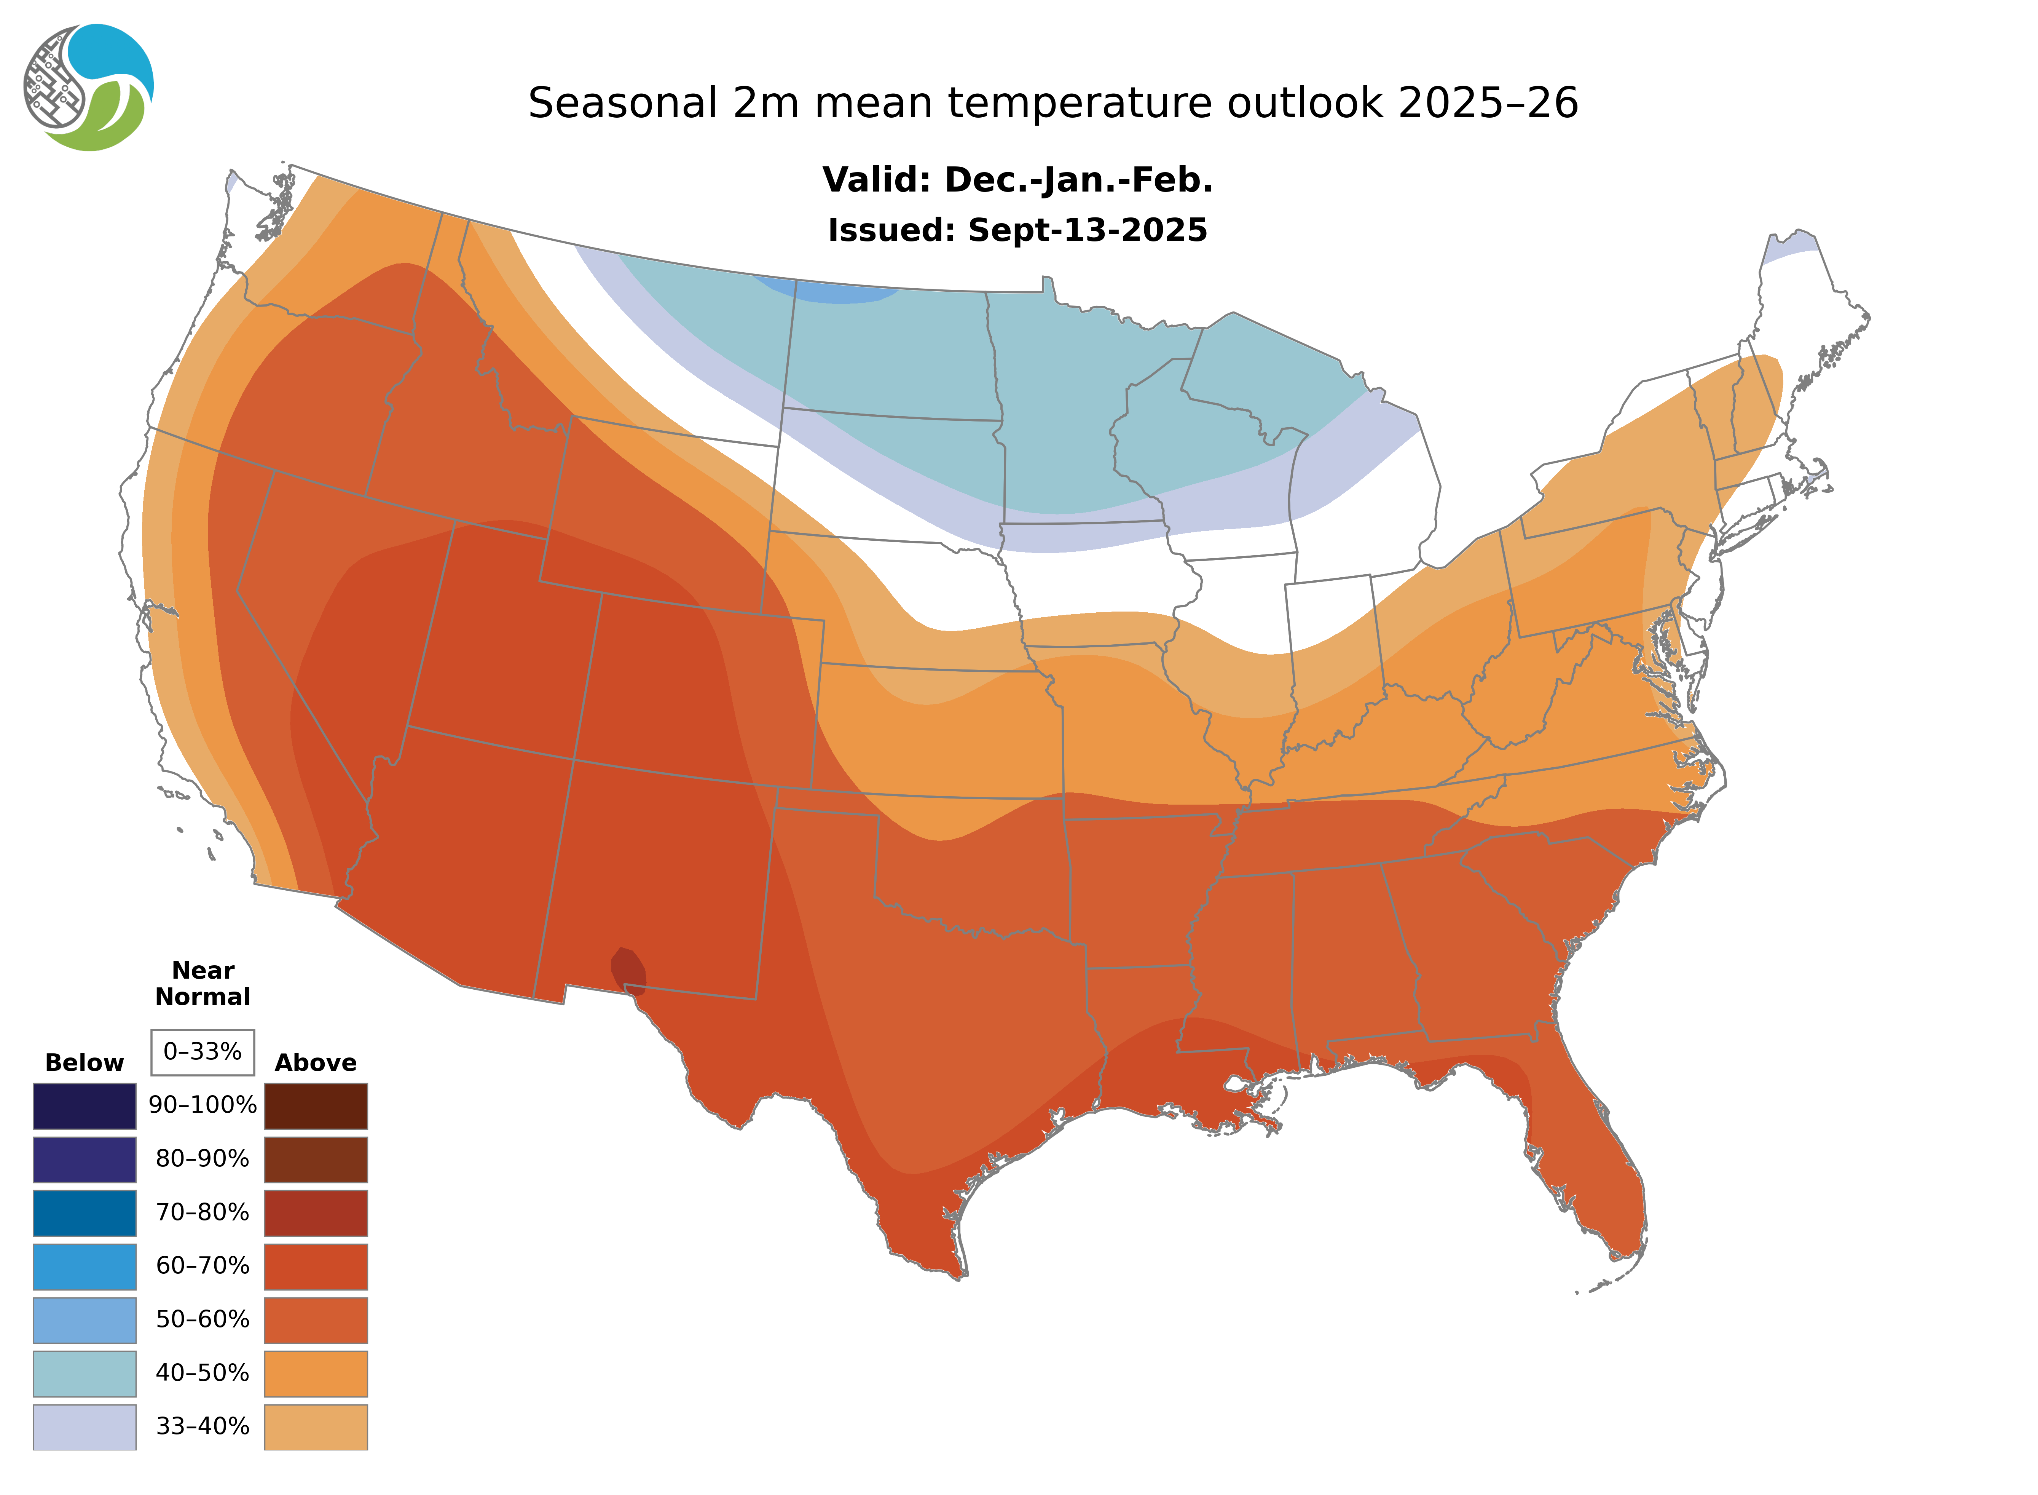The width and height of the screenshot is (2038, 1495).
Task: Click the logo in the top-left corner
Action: (x=89, y=88)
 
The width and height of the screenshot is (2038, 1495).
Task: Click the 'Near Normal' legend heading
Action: (x=203, y=984)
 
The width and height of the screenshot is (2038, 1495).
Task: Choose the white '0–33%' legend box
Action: (x=203, y=1052)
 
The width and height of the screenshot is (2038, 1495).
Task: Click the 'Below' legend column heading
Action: (x=84, y=1062)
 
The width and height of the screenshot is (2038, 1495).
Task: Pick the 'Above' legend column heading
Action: (x=316, y=1062)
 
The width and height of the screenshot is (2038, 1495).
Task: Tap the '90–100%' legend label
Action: (x=203, y=1105)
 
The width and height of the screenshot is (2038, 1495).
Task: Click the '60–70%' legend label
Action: (x=203, y=1265)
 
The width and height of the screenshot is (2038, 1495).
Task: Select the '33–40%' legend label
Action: (x=203, y=1426)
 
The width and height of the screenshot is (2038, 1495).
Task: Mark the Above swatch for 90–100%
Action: (x=316, y=1106)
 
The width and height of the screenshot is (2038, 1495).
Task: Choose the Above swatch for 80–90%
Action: (x=316, y=1159)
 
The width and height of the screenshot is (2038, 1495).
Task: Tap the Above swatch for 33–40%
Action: (x=316, y=1426)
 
